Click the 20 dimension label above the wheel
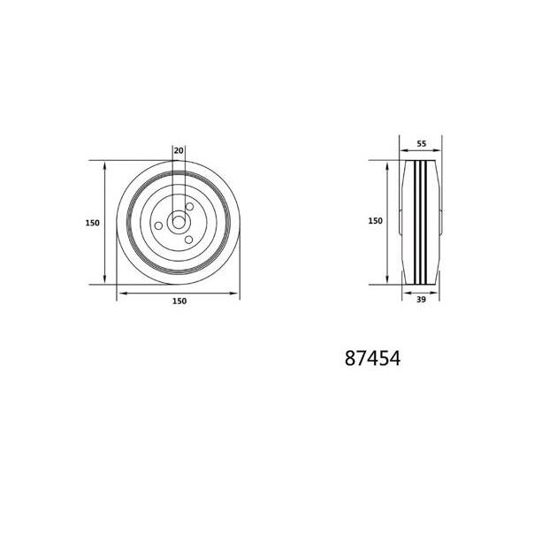[x=179, y=150]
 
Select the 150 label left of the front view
[x=92, y=223]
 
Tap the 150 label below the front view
[x=179, y=301]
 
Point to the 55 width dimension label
[x=422, y=144]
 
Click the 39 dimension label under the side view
[x=421, y=300]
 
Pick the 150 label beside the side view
[x=376, y=221]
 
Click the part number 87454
[x=372, y=358]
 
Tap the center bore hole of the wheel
[x=179, y=223]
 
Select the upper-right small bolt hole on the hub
[x=190, y=206]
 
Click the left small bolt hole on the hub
[x=158, y=225]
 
